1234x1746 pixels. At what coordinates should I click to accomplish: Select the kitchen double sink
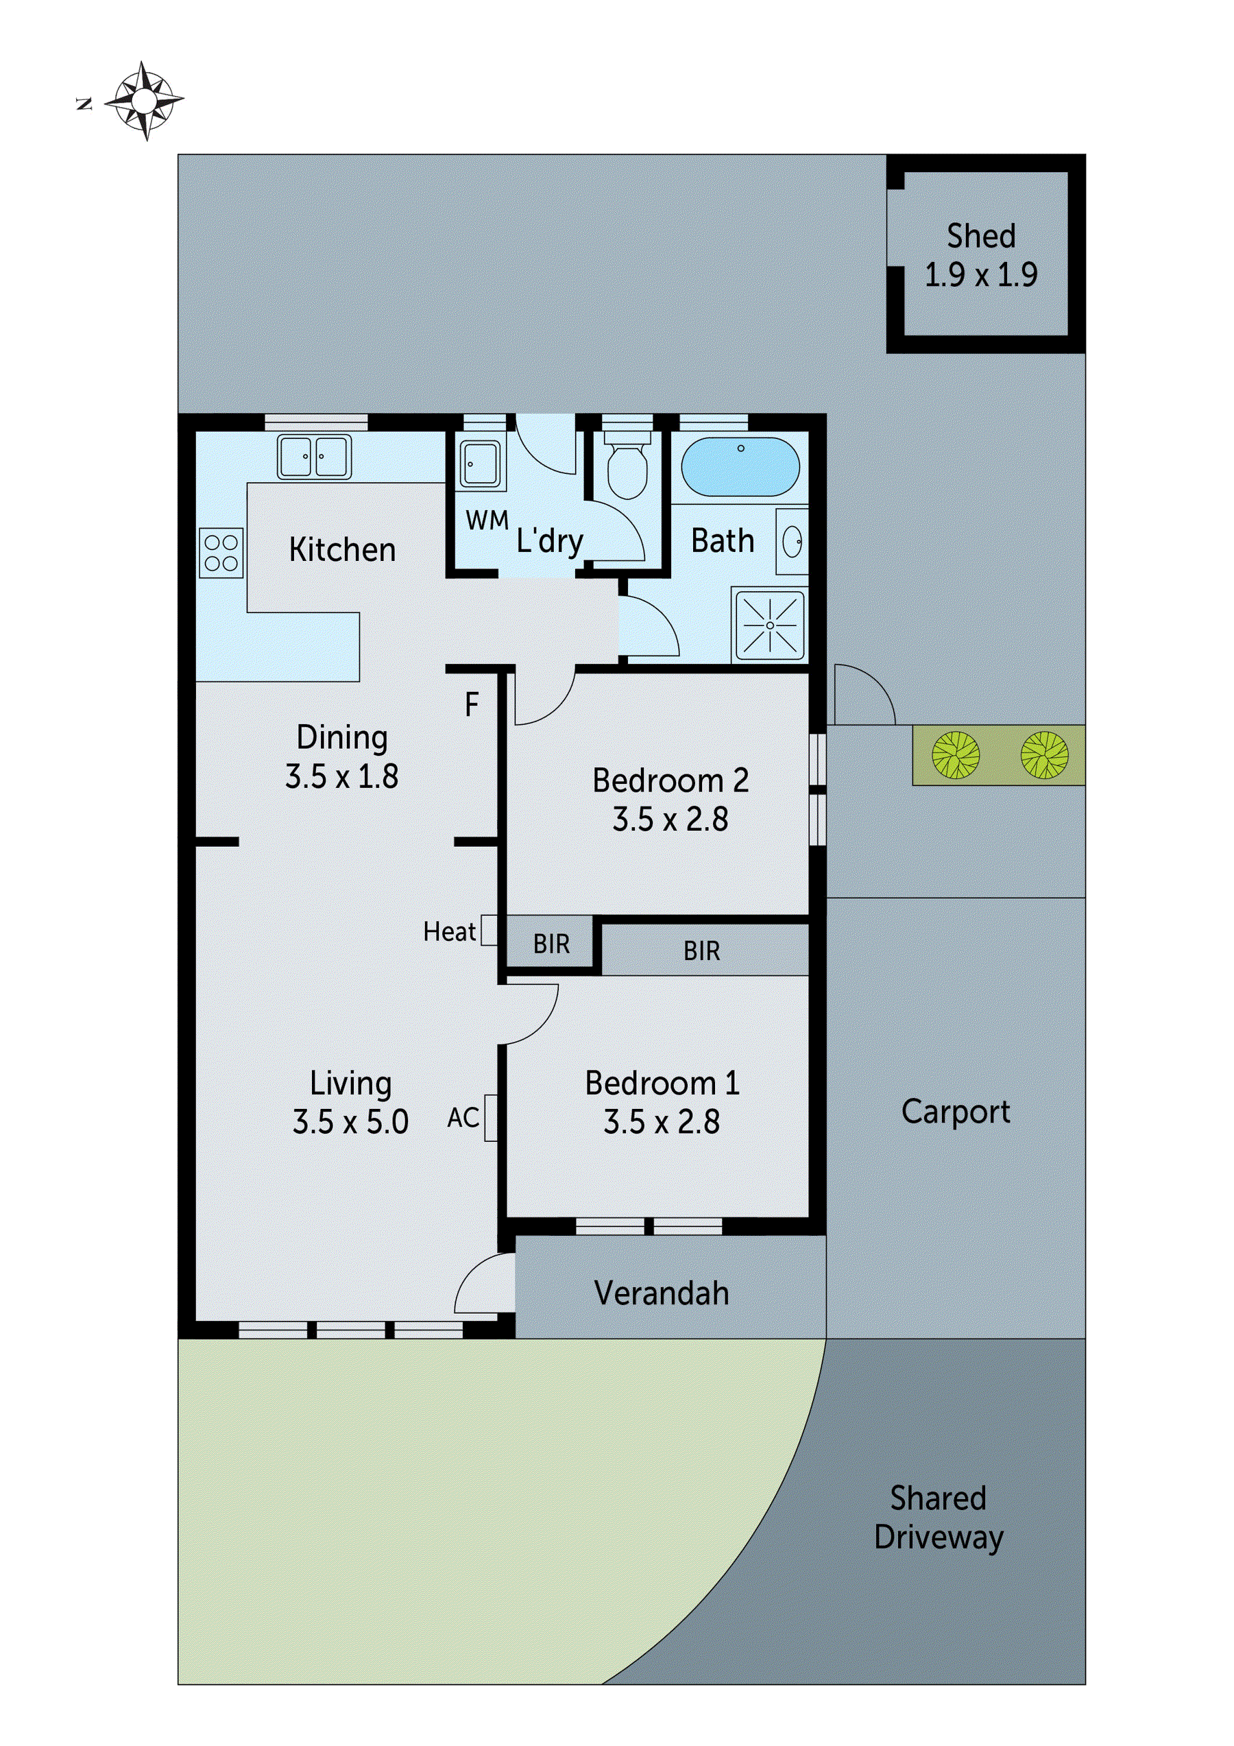pyautogui.click(x=314, y=456)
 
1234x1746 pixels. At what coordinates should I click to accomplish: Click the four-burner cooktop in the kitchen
pyautogui.click(x=221, y=553)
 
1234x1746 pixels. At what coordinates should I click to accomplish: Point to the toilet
pyautogui.click(x=627, y=466)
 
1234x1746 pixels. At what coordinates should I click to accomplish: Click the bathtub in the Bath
pyautogui.click(x=740, y=467)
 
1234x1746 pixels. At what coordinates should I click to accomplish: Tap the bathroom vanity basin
pyautogui.click(x=793, y=542)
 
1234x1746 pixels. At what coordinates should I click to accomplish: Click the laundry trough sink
pyautogui.click(x=480, y=465)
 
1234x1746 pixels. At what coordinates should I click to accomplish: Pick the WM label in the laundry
pyautogui.click(x=487, y=521)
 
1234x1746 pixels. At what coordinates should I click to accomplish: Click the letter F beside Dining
pyautogui.click(x=472, y=705)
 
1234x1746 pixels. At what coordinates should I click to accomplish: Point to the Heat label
pyautogui.click(x=448, y=931)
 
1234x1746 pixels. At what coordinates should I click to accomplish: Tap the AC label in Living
pyautogui.click(x=463, y=1118)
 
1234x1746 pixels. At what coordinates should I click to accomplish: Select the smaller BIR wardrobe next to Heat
pyautogui.click(x=551, y=944)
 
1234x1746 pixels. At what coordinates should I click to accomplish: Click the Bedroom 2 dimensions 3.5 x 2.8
pyautogui.click(x=670, y=820)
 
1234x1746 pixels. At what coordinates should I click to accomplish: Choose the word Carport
pyautogui.click(x=955, y=1112)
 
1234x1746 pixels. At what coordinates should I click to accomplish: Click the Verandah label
pyautogui.click(x=662, y=1293)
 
